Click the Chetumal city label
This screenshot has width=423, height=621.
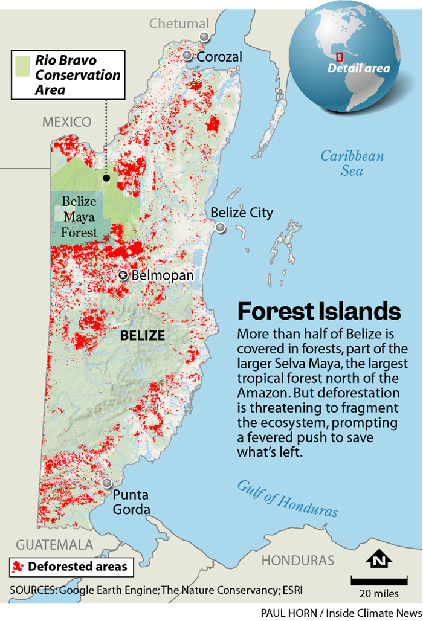(x=179, y=24)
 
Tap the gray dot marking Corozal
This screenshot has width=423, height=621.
(x=187, y=56)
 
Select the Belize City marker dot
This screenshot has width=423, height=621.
(x=221, y=228)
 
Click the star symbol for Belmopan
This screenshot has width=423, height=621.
(x=123, y=275)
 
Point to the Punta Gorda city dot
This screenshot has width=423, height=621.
(x=108, y=484)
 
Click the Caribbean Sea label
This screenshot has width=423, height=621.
(x=352, y=163)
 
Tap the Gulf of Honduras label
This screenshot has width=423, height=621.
(x=286, y=498)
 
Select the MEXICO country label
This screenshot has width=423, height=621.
(x=66, y=122)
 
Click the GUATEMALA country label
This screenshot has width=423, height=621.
(x=54, y=544)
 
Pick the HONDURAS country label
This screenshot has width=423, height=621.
(x=298, y=560)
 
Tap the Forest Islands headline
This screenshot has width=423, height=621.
(x=319, y=311)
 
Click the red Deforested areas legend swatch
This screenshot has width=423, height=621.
(x=19, y=566)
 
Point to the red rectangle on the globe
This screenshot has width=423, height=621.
(x=340, y=56)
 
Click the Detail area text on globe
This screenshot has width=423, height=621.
(x=359, y=68)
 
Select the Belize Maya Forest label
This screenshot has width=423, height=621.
(x=79, y=216)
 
